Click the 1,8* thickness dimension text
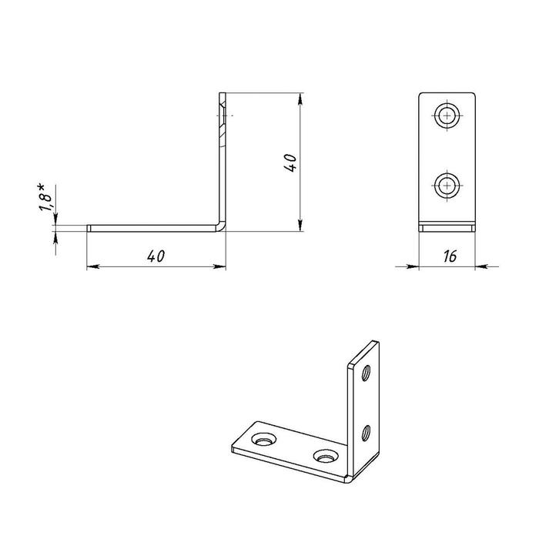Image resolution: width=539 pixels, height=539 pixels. [45, 197]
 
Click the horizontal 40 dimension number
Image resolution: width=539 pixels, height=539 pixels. [156, 256]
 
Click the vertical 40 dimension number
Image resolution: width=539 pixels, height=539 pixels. [290, 162]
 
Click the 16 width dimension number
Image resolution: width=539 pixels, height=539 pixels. [450, 256]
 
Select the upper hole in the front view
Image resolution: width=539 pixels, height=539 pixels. [447, 115]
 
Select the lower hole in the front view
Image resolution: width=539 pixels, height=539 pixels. [447, 186]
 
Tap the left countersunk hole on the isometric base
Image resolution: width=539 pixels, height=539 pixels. [263, 440]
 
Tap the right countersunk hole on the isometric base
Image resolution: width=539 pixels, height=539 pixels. [326, 456]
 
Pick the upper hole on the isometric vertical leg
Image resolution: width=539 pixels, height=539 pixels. [366, 373]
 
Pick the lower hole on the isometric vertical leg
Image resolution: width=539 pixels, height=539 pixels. [366, 433]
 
